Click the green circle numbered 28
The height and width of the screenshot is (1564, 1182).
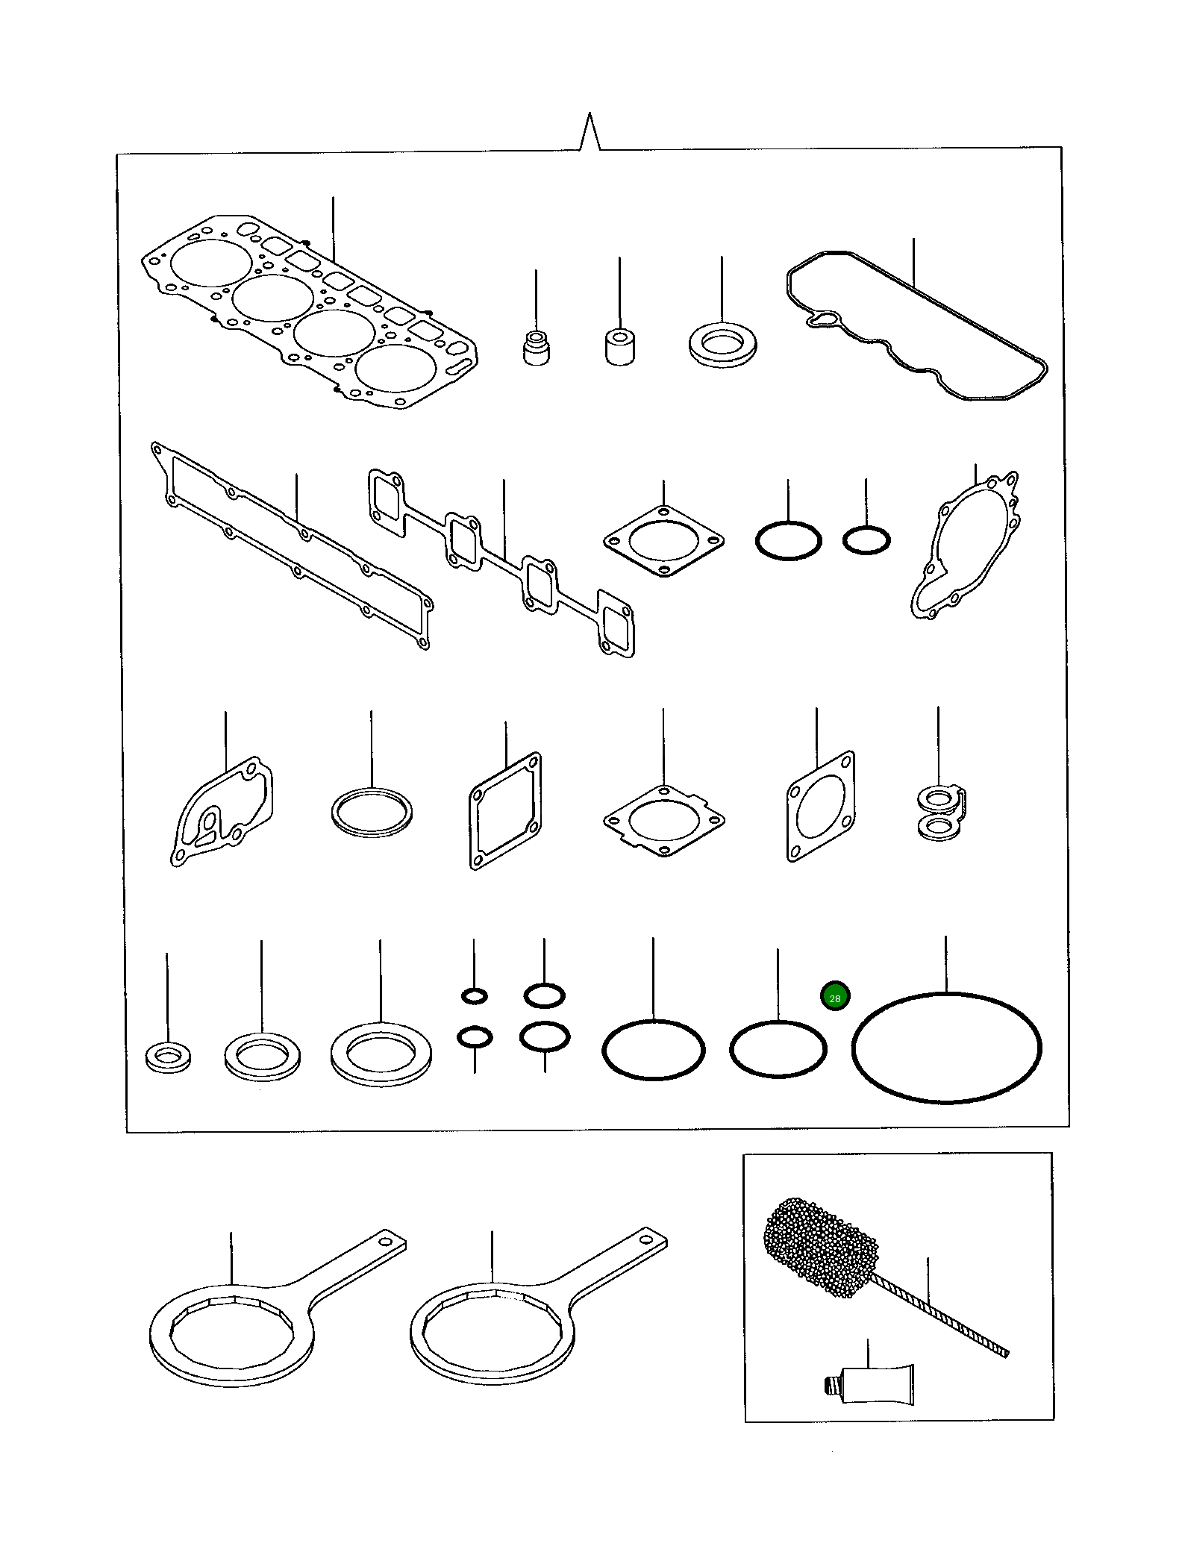point(834,998)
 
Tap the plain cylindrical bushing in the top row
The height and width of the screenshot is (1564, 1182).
point(619,347)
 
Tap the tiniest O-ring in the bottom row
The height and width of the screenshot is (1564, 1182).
point(475,995)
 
